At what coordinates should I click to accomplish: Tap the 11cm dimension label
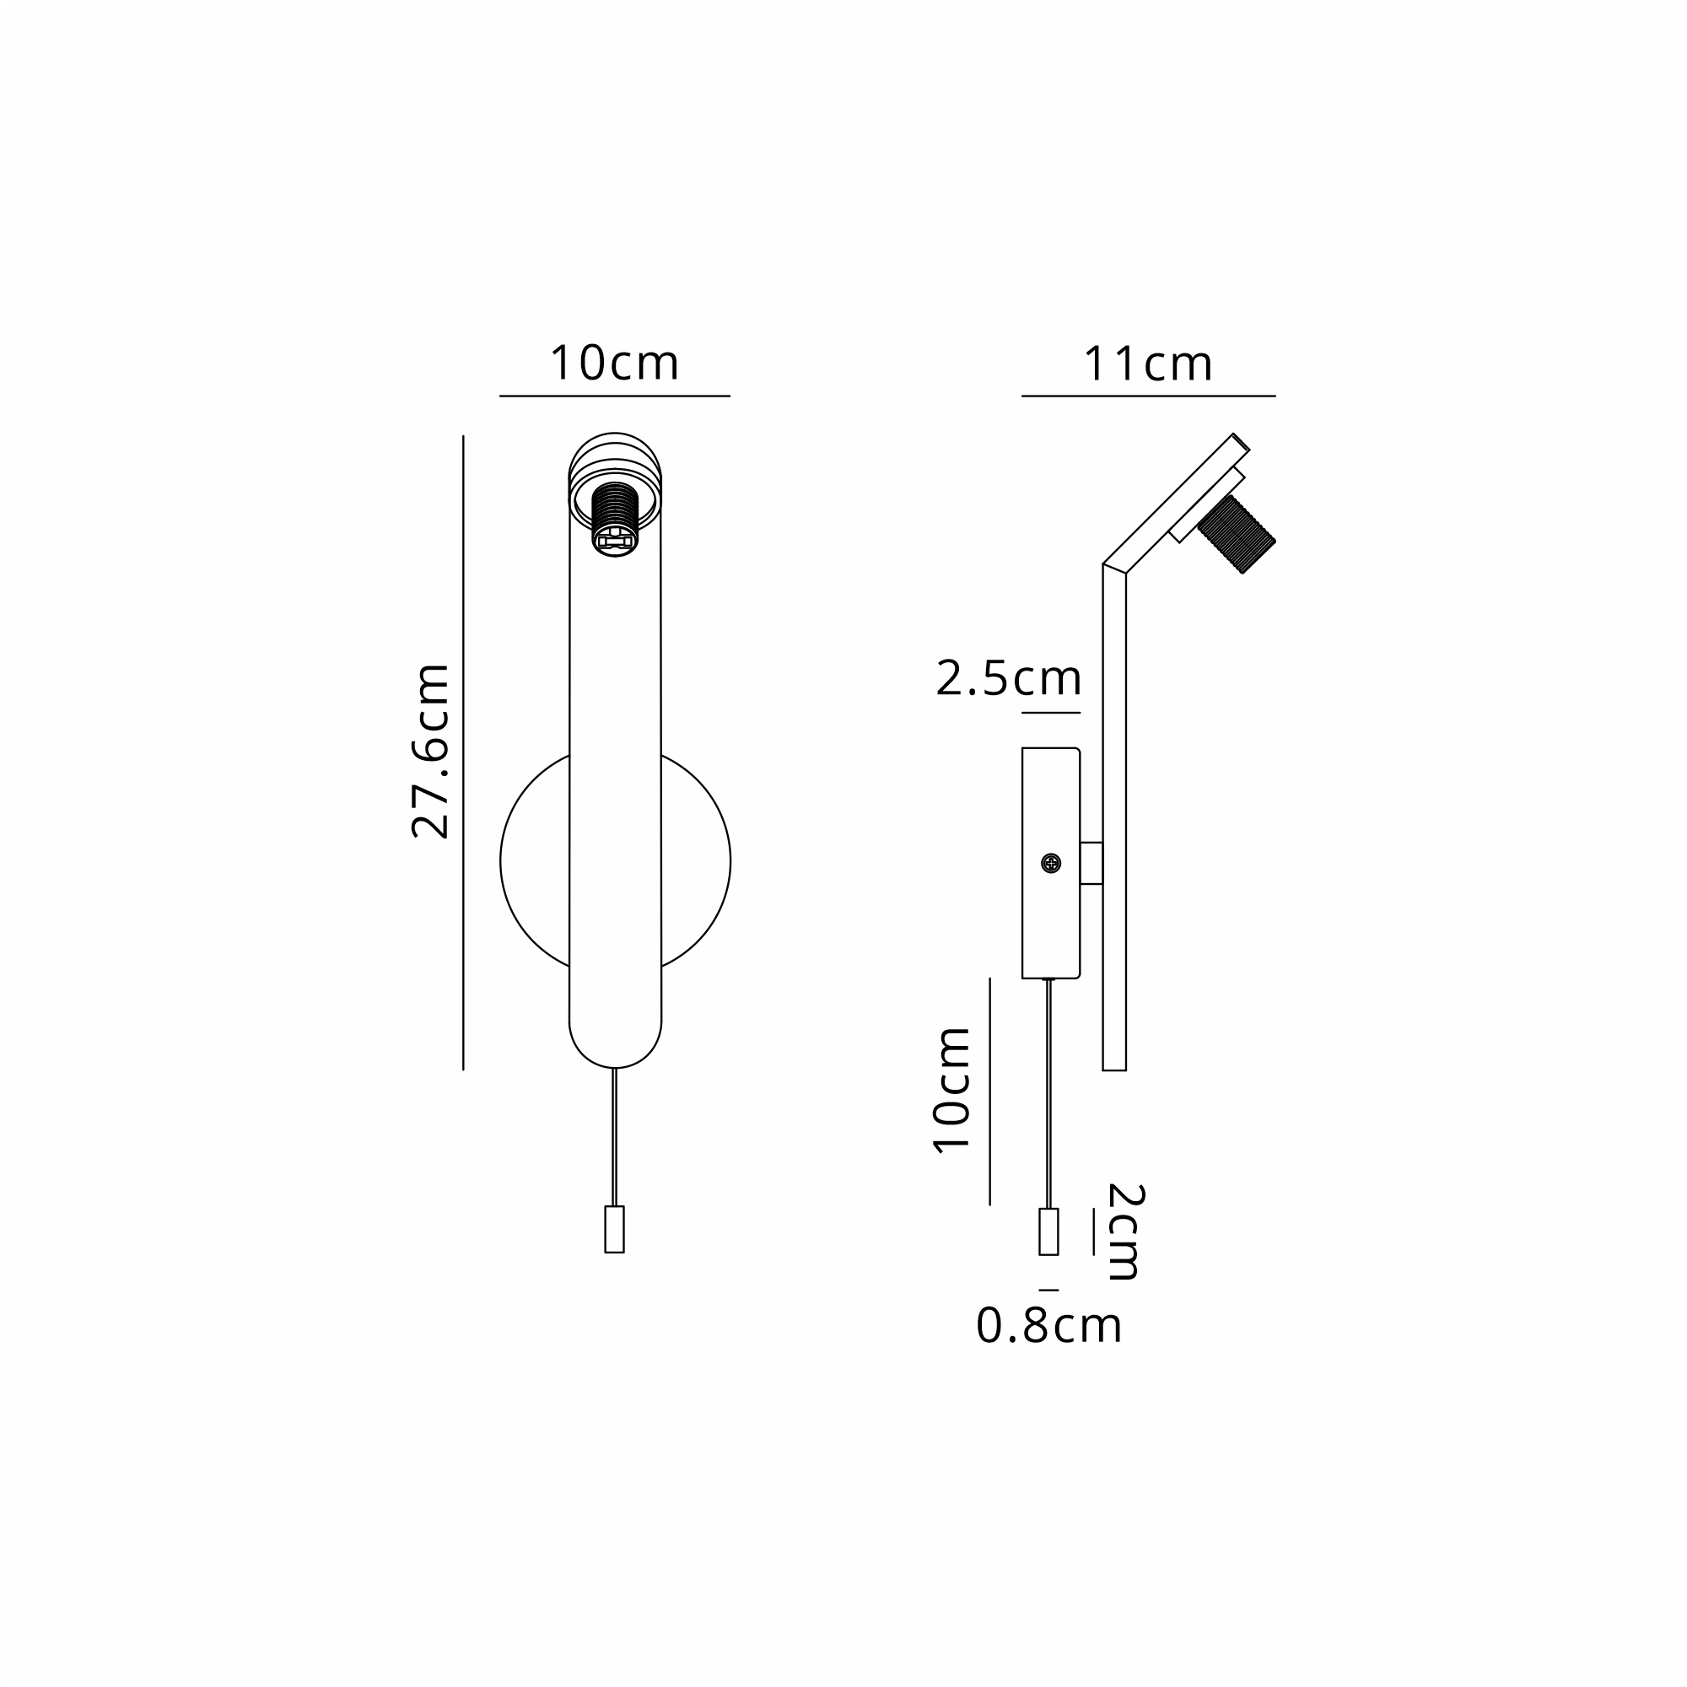(1147, 364)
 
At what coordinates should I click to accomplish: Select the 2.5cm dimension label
(1009, 678)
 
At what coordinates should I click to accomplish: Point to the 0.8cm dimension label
(1048, 1325)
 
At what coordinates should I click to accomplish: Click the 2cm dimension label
(1124, 1232)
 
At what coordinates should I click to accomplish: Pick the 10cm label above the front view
(614, 363)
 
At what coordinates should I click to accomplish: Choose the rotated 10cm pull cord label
(951, 1091)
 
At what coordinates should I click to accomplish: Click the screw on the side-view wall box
(1051, 864)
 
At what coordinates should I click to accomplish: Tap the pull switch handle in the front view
(615, 1230)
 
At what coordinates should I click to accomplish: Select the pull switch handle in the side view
(1048, 1232)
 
